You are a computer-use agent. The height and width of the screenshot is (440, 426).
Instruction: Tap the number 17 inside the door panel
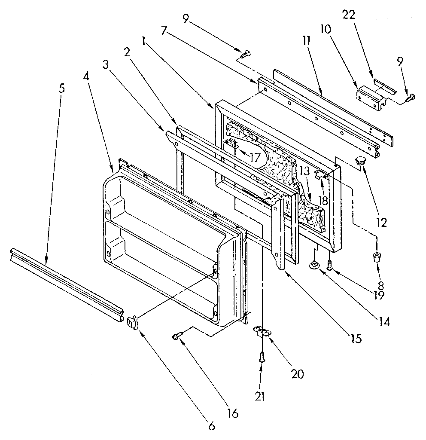pos(255,158)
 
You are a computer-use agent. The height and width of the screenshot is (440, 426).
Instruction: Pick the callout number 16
pos(232,413)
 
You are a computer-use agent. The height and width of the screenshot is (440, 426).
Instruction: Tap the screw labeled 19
pos(330,264)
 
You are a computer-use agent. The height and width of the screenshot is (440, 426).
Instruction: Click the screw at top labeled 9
pos(246,54)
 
